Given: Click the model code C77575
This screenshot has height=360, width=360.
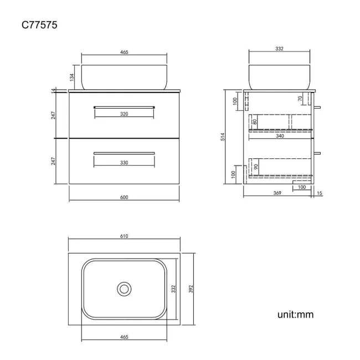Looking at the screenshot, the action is click(x=39, y=25).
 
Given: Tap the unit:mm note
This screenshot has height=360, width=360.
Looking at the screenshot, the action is click(x=295, y=315).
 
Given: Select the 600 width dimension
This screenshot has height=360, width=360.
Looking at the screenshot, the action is click(x=124, y=197).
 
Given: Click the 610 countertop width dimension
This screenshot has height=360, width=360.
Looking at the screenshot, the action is click(x=124, y=236).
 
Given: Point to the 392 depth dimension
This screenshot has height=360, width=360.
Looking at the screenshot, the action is click(x=191, y=289).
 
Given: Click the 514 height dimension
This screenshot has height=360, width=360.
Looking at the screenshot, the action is click(x=223, y=137).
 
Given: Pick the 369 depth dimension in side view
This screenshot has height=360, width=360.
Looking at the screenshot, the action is click(x=277, y=193).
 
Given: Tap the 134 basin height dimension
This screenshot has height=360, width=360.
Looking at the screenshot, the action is click(x=71, y=78).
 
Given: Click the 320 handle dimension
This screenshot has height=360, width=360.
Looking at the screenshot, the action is click(x=124, y=114).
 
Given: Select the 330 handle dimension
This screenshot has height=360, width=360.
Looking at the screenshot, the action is click(x=124, y=162).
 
